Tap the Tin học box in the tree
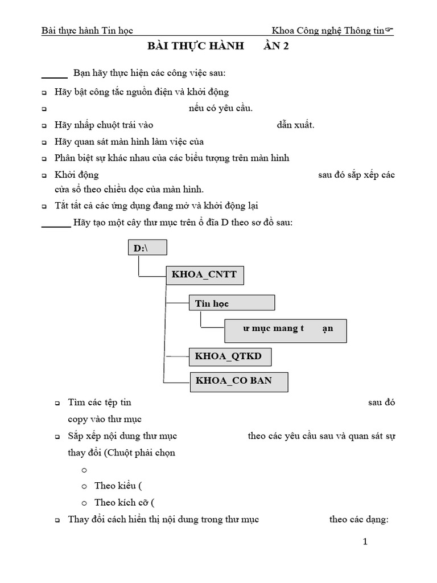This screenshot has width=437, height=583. [x=231, y=303]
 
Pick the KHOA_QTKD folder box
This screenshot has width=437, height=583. [x=229, y=356]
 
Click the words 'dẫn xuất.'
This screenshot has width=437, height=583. [x=295, y=125]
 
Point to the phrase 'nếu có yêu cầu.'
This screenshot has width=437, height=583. [x=221, y=108]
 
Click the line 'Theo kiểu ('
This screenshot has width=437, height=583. [x=118, y=486]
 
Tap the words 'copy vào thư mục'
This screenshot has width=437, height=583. [x=105, y=419]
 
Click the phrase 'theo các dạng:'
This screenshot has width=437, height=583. [x=358, y=519]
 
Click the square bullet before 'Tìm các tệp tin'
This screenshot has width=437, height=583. [x=57, y=403]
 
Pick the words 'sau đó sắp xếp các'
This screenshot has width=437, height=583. [x=356, y=175]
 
